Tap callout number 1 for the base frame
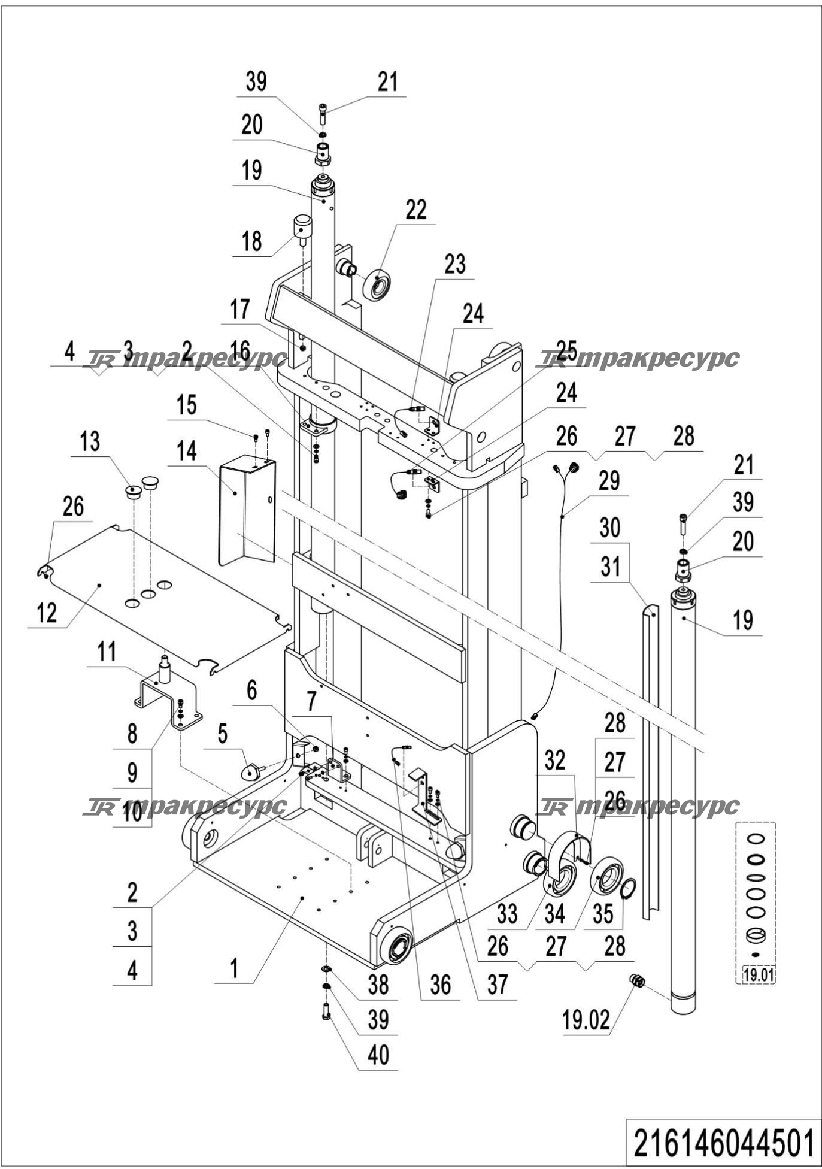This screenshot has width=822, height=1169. coord(235,968)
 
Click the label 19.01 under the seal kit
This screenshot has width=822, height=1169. coord(758,974)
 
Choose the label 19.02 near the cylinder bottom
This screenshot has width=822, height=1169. coord(586,1020)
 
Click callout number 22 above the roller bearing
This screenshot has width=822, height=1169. coord(416,210)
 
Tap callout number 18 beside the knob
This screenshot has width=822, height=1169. coord(252,241)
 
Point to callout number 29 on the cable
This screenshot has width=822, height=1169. coord(609,481)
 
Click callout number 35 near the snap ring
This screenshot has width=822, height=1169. coord(602,914)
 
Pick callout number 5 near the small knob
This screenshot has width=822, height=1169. coord(222,734)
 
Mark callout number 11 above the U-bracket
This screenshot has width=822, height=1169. coord(107,652)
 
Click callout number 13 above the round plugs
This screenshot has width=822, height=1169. coord(90,442)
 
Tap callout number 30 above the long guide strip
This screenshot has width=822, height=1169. coord(609,528)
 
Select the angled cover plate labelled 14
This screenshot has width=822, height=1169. coord(245,509)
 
